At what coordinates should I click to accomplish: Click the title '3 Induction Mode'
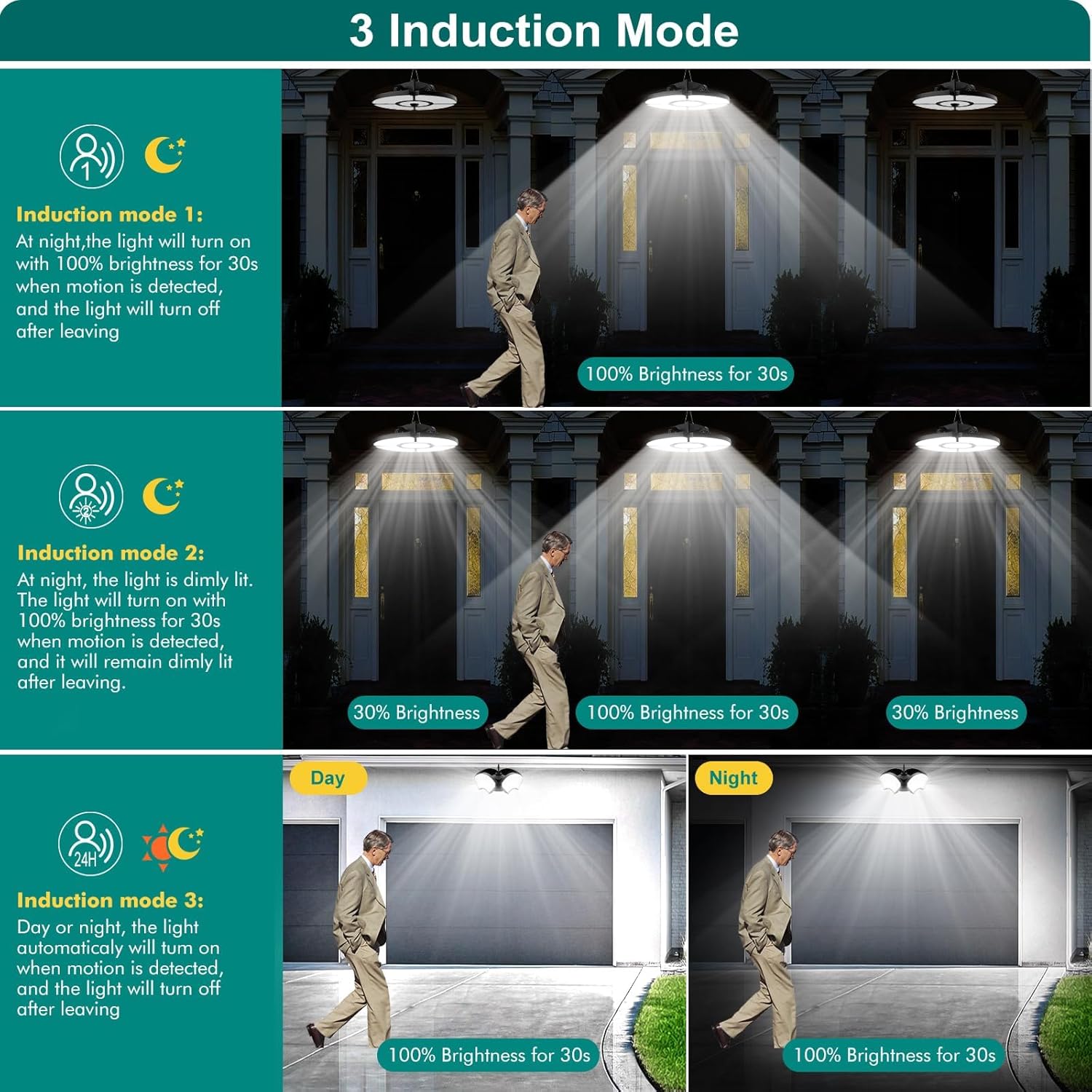point(544,31)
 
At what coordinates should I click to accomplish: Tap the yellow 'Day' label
point(328,778)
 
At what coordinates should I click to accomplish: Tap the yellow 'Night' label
point(732,778)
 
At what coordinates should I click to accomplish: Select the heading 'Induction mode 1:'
point(109,214)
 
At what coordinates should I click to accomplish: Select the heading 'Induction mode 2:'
point(111,553)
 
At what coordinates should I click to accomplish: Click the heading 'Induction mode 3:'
point(111,900)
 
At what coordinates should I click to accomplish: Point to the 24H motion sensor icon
point(90,844)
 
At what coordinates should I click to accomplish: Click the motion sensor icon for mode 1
point(92,157)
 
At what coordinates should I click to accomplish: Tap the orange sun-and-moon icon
point(173,847)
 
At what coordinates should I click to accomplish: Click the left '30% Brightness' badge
point(416,712)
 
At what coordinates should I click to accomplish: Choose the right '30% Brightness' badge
point(955,712)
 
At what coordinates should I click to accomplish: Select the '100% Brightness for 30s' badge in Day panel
point(488,1055)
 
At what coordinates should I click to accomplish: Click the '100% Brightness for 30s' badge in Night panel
point(894,1055)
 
